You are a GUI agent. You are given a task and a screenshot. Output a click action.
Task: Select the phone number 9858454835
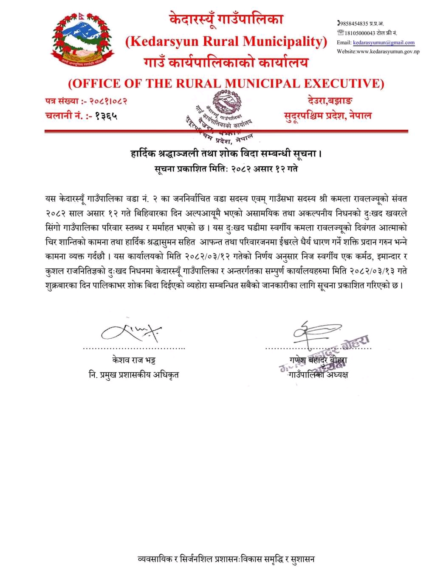tap(354, 23)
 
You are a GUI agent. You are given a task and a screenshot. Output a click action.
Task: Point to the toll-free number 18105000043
tap(357, 33)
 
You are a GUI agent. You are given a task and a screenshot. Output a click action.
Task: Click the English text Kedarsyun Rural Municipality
tap(226, 41)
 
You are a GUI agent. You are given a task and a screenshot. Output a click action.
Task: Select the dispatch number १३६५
tap(107, 115)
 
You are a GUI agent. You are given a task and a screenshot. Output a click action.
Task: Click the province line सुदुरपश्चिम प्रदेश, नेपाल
tap(327, 115)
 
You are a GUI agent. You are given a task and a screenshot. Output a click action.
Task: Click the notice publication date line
tap(226, 169)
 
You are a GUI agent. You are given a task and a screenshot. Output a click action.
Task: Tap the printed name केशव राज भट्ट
tap(134, 360)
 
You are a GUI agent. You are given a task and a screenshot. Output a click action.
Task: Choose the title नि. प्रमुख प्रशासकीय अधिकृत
tap(134, 374)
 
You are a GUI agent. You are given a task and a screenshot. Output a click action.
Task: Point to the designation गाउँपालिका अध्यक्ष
tap(318, 374)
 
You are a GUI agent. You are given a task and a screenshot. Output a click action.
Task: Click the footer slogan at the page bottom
tap(226, 559)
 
